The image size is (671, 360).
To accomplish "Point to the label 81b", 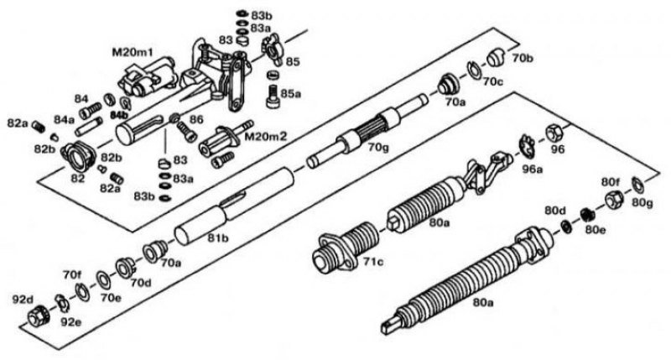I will [219, 239].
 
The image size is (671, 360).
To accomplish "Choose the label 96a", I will [533, 169].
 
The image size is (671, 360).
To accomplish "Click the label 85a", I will [292, 94].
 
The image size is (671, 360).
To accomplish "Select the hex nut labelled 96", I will [555, 133].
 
